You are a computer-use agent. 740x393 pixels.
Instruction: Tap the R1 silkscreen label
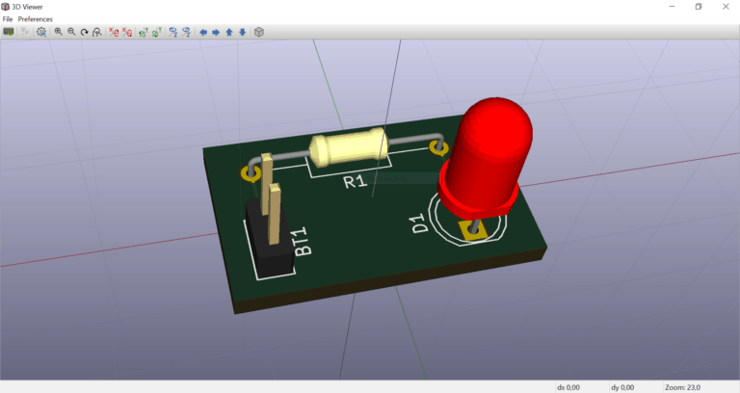click(357, 180)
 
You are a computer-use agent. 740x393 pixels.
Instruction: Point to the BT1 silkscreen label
click(302, 241)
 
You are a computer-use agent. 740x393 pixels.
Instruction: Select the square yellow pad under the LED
click(471, 229)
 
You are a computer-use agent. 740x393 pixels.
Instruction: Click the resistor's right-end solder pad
click(439, 148)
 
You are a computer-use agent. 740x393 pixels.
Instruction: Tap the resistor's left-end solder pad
click(250, 173)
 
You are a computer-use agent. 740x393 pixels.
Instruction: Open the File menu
click(8, 19)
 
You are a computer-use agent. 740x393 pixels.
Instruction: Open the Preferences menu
click(36, 19)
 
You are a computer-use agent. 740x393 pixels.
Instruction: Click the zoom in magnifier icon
click(58, 32)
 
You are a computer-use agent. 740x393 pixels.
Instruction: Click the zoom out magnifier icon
click(71, 32)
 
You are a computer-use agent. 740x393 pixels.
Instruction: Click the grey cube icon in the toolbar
click(259, 32)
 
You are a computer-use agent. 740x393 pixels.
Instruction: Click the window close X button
click(726, 7)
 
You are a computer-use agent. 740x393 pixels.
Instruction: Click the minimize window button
click(671, 7)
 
